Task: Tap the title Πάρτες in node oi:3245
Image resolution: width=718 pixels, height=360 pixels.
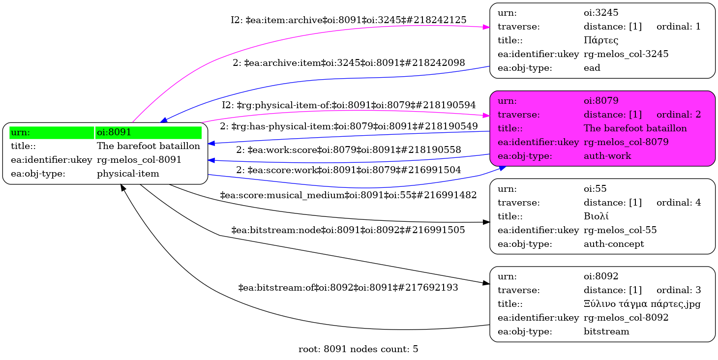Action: point(600,40)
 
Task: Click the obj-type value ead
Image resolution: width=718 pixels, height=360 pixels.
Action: point(592,68)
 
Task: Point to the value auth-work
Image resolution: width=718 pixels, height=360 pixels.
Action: point(607,156)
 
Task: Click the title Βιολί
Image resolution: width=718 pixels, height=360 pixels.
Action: point(598,216)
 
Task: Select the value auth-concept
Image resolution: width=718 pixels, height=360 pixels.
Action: point(613,243)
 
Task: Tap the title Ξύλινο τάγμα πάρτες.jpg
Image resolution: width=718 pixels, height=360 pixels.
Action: point(641,303)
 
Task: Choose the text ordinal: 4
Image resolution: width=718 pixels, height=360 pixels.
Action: point(678,202)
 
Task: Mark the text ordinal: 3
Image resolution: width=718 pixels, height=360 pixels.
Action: point(678,290)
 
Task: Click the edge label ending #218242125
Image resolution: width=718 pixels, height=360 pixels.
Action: point(348,20)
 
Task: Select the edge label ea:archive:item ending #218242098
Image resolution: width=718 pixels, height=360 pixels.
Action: point(349,62)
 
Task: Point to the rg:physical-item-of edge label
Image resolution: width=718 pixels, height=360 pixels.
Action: point(349,105)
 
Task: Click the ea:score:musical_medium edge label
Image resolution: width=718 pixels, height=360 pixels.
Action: point(348,195)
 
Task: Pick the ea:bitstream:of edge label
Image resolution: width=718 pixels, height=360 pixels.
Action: point(348,287)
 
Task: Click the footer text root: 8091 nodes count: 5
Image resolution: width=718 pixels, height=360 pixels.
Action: point(358,349)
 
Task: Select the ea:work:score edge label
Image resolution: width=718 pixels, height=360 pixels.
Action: point(348,150)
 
